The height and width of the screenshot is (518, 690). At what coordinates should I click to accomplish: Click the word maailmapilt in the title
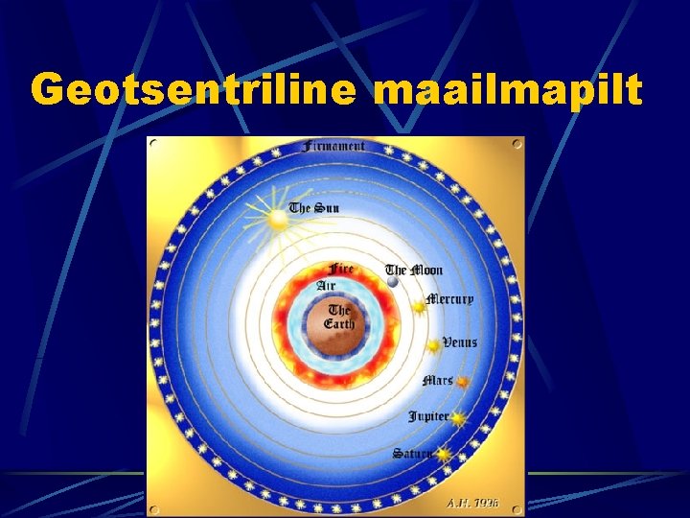coord(507,91)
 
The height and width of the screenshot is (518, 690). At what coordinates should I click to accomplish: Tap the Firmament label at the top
coord(333,147)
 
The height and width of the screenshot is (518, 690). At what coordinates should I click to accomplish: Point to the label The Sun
coord(314,208)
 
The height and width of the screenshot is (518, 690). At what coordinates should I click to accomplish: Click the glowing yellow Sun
coord(277,220)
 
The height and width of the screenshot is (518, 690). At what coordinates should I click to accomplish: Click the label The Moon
coord(409,271)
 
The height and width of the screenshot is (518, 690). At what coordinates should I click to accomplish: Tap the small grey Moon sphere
coord(391,282)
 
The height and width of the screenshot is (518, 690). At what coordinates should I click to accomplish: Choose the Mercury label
coord(449,298)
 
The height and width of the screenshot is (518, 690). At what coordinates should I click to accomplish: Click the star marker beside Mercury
coord(419,307)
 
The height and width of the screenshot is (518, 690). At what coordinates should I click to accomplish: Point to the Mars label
coord(437,381)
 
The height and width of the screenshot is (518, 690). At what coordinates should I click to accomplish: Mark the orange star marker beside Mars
coord(462,382)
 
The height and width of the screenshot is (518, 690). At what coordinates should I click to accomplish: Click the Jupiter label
coord(427,416)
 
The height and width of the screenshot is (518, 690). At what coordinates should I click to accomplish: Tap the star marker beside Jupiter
coord(457,418)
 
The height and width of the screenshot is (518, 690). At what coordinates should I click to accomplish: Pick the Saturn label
coord(411,453)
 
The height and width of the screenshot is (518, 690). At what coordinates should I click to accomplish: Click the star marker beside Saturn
coord(443,456)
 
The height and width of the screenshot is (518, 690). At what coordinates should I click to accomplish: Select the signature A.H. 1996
coord(473,503)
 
